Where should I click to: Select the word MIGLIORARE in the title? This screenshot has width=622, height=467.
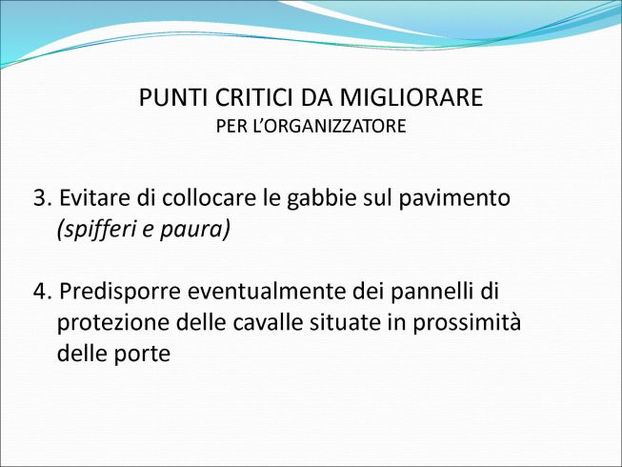click(x=411, y=97)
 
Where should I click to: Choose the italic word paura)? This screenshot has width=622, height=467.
click(x=195, y=230)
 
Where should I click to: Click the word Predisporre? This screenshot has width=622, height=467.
click(x=120, y=292)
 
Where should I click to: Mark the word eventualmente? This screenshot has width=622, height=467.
click(x=267, y=292)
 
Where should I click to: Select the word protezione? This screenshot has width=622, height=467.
click(x=113, y=323)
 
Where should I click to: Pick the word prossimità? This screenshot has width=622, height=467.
click(x=467, y=323)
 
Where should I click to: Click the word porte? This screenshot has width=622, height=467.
click(x=143, y=354)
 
